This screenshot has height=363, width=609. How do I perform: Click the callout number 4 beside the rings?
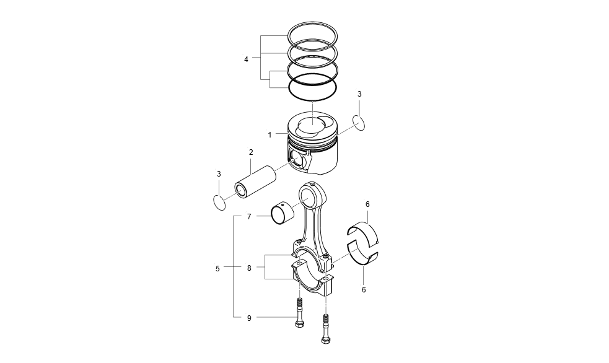click(x=246, y=59)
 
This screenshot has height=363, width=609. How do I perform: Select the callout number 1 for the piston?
click(x=269, y=134)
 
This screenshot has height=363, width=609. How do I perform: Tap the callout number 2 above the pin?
click(x=251, y=152)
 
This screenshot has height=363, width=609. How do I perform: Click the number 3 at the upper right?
click(x=359, y=94)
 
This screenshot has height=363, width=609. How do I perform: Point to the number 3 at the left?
click(x=219, y=174)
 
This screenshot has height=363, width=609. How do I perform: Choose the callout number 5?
click(x=217, y=268)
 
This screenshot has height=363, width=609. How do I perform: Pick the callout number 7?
click(x=249, y=217)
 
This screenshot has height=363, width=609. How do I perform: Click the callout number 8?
click(x=249, y=268)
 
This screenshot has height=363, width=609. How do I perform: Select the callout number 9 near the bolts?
click(x=249, y=318)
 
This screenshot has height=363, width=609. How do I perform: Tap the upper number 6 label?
click(x=367, y=204)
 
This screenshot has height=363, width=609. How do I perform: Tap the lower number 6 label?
click(x=364, y=289)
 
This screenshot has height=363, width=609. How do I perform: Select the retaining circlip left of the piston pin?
click(x=219, y=201)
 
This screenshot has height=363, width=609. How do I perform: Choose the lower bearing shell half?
click(x=362, y=254)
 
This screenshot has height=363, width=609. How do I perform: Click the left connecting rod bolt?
click(x=300, y=314)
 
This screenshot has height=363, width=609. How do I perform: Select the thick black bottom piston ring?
click(x=313, y=86)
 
